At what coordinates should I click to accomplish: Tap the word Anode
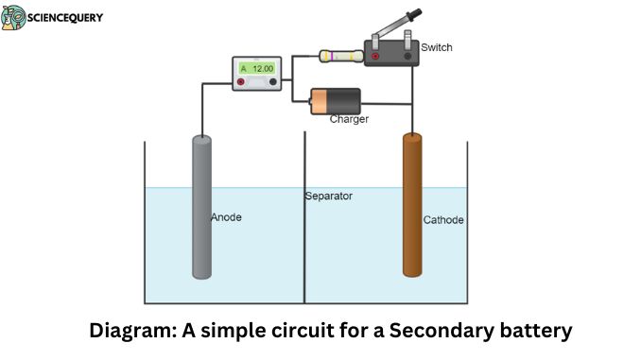click(226, 217)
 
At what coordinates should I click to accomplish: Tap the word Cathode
click(443, 220)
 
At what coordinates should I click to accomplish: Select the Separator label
click(328, 197)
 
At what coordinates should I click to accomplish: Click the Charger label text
click(349, 119)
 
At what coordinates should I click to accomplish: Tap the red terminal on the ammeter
click(242, 82)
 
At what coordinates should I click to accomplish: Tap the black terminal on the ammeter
click(274, 82)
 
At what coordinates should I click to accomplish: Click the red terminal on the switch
click(376, 56)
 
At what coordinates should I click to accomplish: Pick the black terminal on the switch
click(408, 56)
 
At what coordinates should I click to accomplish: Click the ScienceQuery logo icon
click(13, 17)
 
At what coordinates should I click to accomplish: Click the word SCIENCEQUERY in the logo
click(65, 17)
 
